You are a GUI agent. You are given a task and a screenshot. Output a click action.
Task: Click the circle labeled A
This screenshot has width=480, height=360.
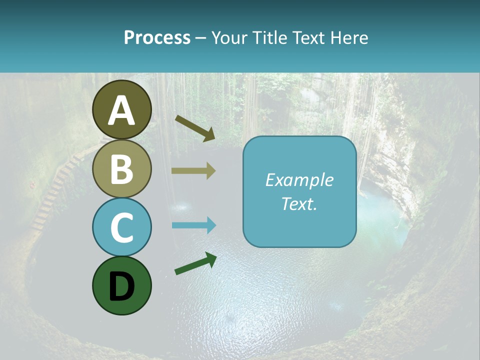(121, 109)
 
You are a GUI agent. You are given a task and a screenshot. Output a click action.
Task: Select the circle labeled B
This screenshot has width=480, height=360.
(121, 168)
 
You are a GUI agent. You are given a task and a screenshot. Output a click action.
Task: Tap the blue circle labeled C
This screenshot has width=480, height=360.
(121, 227)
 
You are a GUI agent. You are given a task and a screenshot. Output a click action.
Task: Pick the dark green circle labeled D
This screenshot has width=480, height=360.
(121, 285)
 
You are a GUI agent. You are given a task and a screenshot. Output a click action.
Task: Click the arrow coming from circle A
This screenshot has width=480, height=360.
(195, 128)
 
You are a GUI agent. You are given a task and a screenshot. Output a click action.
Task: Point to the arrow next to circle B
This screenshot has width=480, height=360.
(193, 171)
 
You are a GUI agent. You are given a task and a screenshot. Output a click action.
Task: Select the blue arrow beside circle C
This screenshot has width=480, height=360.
(193, 225)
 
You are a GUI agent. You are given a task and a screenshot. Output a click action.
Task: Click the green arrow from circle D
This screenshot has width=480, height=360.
(195, 263)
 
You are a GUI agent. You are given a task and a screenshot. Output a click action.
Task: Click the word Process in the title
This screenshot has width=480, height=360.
(157, 37)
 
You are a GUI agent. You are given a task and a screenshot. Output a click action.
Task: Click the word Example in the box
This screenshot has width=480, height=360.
(299, 180)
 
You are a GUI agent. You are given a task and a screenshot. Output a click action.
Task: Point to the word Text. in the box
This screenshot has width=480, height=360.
(299, 204)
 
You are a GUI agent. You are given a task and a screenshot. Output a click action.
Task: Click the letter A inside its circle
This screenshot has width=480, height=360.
(121, 110)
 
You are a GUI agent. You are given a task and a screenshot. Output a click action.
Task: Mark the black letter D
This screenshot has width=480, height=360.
(121, 286)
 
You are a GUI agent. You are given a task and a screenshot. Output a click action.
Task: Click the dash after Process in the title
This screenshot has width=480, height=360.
(200, 38)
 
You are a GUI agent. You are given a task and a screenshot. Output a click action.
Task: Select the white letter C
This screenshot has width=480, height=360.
(121, 227)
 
